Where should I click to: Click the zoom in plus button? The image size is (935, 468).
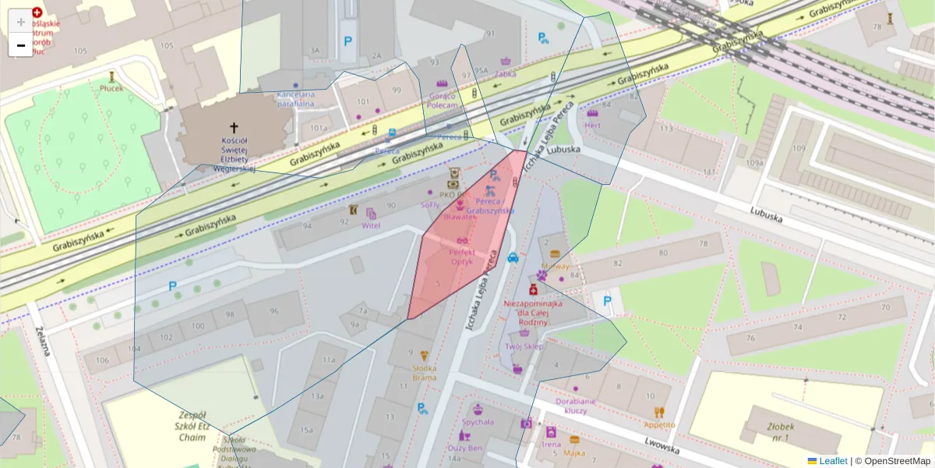[x=21, y=22]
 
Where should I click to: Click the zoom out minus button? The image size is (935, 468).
[x=21, y=45]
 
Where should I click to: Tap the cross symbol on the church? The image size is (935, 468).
[x=233, y=126]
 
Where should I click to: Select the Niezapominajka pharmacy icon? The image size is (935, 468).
[x=534, y=289]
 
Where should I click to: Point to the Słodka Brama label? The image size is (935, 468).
[x=425, y=373]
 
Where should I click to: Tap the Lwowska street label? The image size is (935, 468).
[x=662, y=445]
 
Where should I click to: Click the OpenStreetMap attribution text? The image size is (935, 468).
[x=892, y=461]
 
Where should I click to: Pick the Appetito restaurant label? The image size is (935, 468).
[x=659, y=425]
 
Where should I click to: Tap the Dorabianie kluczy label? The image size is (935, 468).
[x=576, y=405]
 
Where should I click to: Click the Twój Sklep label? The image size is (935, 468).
[x=524, y=346]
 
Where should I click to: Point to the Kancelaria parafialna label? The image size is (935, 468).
[x=295, y=98]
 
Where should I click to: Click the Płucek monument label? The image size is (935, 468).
[x=111, y=88]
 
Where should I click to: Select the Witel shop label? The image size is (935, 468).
[x=371, y=225]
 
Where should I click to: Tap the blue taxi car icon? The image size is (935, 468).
[x=513, y=257]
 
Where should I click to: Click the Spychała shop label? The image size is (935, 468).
[x=478, y=422]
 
